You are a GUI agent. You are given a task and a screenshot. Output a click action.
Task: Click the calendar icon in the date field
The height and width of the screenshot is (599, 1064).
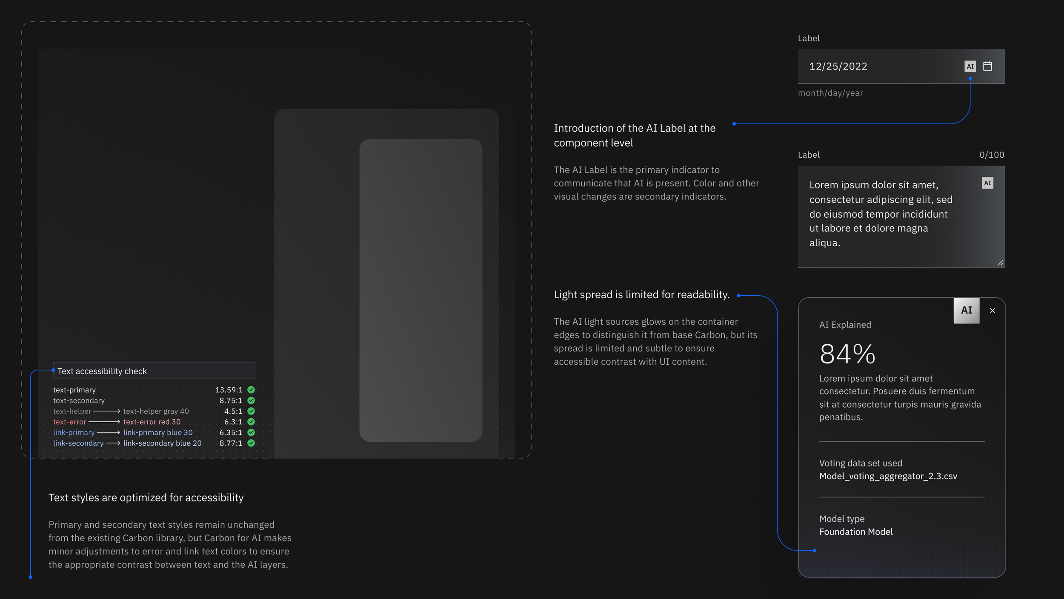click(987, 66)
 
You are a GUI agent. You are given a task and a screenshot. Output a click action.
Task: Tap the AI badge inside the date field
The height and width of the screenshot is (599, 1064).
click(970, 66)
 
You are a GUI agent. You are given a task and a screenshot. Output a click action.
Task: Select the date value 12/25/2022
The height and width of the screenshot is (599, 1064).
click(838, 66)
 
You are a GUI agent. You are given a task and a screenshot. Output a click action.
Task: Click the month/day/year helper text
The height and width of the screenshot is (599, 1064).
click(830, 93)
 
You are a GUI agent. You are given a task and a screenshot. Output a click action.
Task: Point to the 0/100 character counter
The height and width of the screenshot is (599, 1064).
click(992, 155)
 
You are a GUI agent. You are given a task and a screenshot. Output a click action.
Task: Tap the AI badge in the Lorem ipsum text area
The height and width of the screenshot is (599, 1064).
click(987, 183)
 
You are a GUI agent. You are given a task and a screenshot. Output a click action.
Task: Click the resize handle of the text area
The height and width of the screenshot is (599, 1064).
click(1000, 263)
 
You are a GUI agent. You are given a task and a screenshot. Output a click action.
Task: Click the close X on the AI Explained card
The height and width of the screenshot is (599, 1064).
click(992, 311)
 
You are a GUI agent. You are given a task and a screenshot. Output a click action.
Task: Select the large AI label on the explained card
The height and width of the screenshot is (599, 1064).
click(967, 311)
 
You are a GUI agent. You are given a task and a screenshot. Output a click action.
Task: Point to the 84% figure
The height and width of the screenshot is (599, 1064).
click(847, 354)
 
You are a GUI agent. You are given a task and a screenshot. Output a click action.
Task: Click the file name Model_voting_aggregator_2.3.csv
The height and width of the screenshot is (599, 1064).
click(888, 476)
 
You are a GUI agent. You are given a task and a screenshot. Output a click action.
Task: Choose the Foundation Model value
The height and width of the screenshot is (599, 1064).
click(856, 532)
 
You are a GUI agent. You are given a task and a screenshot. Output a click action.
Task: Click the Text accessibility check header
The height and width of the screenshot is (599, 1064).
click(102, 371)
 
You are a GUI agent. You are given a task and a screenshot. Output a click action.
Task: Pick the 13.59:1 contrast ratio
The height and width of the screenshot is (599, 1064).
click(229, 390)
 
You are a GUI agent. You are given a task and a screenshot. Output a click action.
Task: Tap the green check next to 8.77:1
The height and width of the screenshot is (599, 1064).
click(251, 443)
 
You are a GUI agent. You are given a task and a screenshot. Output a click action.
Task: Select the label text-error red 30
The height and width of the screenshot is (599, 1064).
click(152, 422)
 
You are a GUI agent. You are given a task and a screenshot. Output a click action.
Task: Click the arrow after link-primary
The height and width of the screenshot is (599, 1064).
click(109, 432)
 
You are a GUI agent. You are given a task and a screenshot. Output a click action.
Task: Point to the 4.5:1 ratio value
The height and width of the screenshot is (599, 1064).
click(233, 411)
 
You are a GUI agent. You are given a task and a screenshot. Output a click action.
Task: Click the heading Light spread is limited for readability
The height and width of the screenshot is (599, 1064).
click(642, 294)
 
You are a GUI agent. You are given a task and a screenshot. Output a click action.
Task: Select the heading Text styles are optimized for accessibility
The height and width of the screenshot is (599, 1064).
click(146, 498)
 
